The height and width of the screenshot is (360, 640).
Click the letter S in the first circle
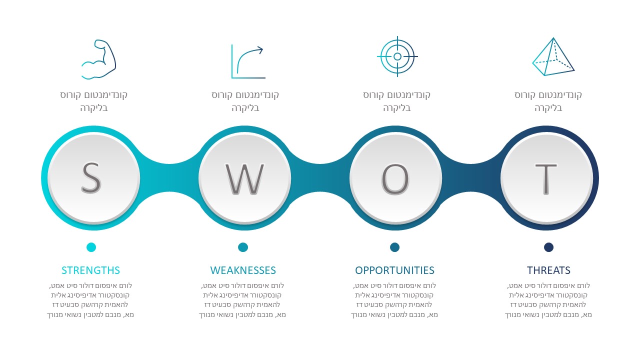[91, 178]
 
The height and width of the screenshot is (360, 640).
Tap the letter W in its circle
[245, 179]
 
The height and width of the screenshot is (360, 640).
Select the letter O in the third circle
[395, 179]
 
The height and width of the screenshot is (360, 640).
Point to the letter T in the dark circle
[546, 179]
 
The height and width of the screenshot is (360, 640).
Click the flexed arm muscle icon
[98, 59]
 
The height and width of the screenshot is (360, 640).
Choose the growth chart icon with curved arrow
[248, 61]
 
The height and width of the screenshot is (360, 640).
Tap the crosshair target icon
[397, 56]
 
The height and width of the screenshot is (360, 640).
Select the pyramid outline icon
[553, 56]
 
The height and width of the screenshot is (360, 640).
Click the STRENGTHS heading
[91, 270]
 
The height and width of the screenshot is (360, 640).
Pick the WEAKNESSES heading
[243, 270]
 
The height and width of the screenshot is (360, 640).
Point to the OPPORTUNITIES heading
[394, 270]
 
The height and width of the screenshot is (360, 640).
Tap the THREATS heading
[548, 270]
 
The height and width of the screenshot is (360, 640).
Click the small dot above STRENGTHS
[91, 247]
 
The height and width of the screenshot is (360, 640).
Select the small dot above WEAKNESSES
[243, 247]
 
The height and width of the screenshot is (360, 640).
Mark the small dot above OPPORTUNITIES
[395, 247]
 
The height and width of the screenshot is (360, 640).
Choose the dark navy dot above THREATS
[548, 247]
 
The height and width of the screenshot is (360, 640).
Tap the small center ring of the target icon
[397, 56]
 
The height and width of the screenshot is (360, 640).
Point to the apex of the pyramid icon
[553, 38]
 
